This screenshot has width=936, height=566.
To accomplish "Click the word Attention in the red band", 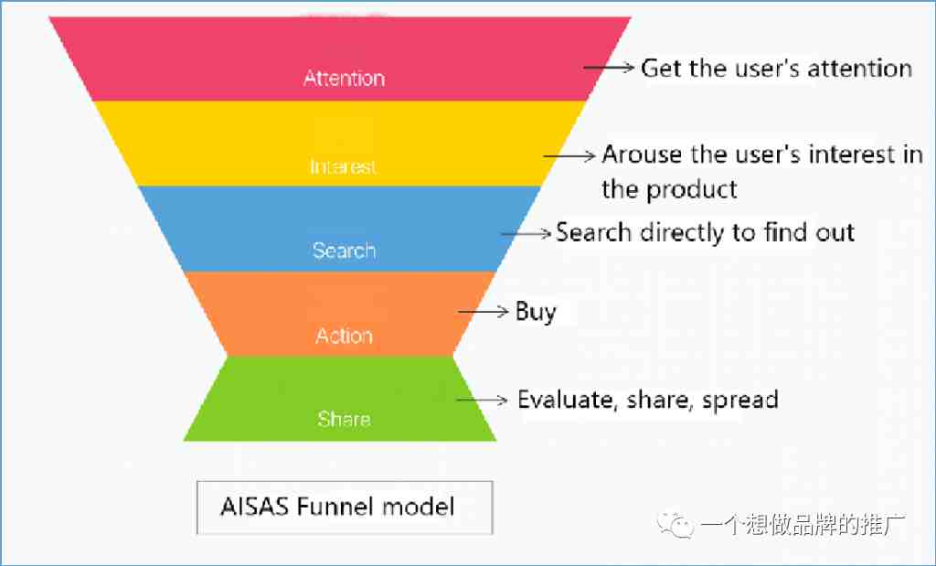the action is click(x=344, y=79).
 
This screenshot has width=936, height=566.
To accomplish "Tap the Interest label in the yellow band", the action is click(x=344, y=166).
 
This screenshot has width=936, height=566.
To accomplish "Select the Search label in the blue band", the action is click(x=344, y=251).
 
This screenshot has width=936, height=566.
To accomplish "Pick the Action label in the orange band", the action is click(x=344, y=336).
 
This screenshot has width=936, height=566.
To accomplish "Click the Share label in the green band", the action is click(x=344, y=419).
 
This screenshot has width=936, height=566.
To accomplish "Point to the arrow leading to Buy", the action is click(x=483, y=311).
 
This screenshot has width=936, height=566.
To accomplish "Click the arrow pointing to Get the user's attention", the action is click(x=608, y=68).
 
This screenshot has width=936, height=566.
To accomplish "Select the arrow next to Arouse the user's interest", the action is click(x=569, y=155).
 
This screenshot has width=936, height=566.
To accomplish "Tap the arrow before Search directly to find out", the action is click(x=526, y=233).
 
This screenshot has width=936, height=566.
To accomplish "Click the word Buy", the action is click(x=536, y=312).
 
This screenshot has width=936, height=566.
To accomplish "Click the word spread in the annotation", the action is click(x=740, y=400).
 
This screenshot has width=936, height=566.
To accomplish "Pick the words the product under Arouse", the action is click(x=669, y=190).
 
